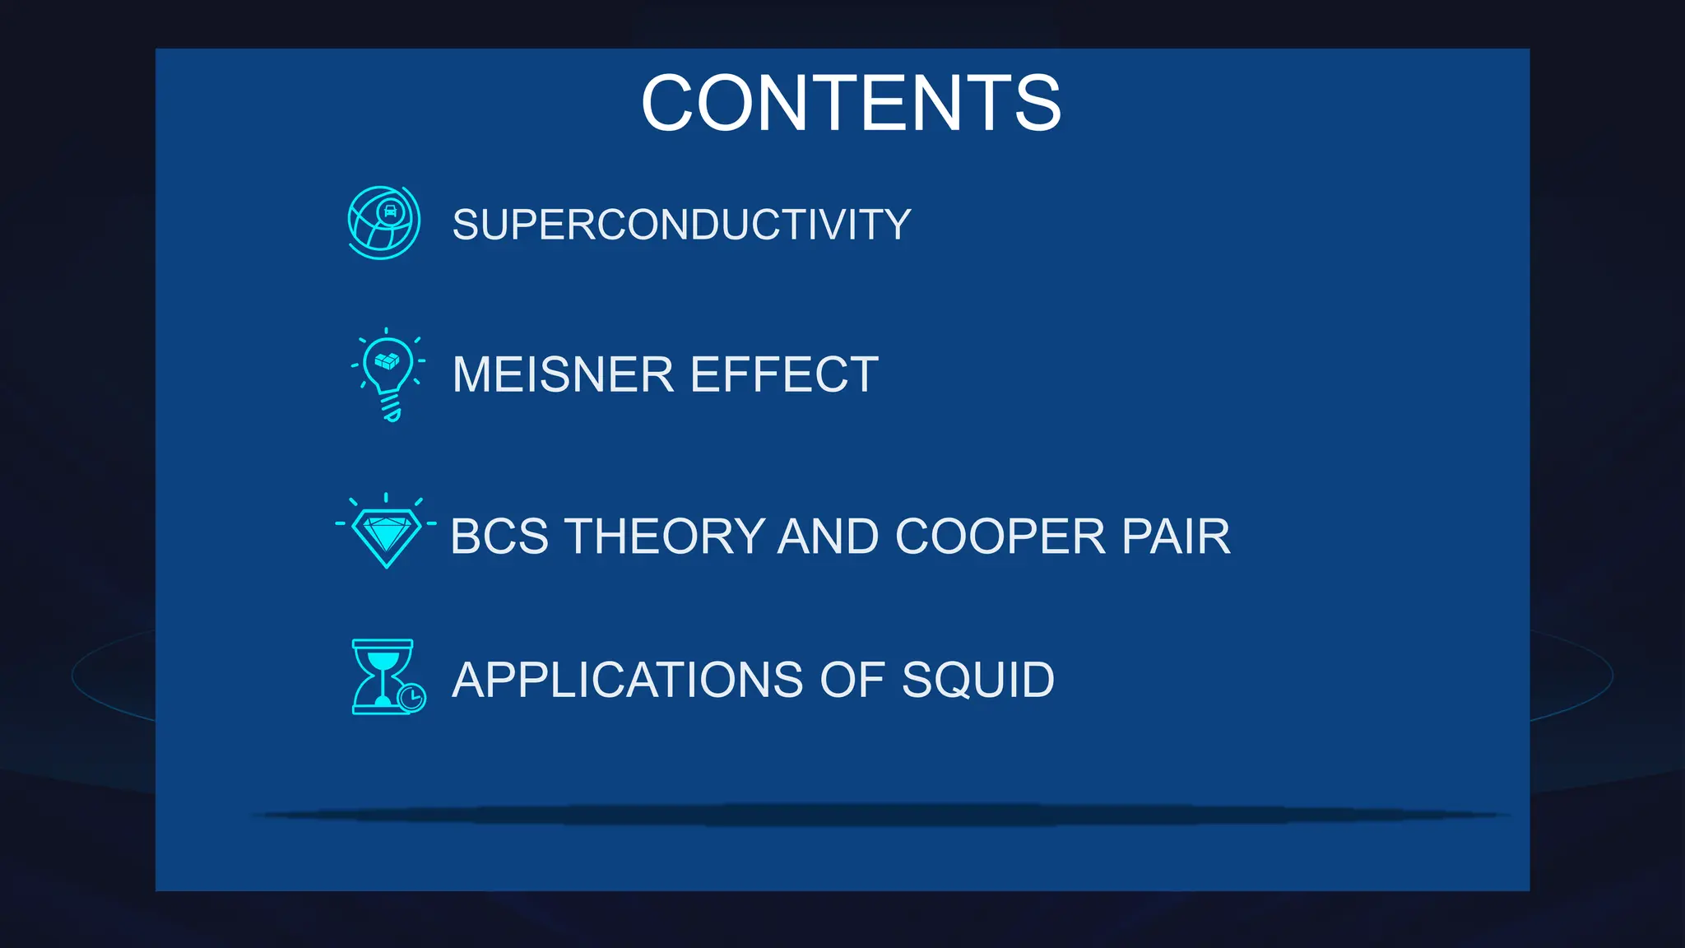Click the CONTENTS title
851,103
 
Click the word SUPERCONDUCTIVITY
681,225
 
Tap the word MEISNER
563,375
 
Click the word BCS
499,537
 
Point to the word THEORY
665,537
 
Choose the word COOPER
1000,537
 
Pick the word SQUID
977,680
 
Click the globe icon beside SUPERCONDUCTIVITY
383,222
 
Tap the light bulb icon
388,374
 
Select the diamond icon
386,534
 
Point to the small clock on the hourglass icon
411,698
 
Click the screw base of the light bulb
391,407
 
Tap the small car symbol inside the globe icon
391,211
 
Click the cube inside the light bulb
387,360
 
